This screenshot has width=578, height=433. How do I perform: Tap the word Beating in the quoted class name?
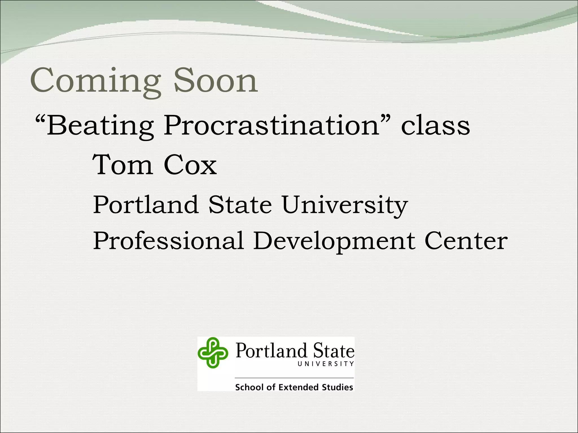(x=100, y=125)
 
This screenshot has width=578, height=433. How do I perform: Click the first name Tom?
(x=123, y=165)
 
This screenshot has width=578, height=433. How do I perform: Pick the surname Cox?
(x=190, y=165)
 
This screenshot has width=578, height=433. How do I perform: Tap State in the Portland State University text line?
(x=240, y=205)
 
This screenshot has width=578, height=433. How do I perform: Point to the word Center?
(x=466, y=241)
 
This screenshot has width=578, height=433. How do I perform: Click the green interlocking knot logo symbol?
(x=213, y=353)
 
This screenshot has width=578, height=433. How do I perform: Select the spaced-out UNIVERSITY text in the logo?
(x=325, y=364)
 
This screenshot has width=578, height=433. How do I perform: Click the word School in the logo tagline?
(x=250, y=387)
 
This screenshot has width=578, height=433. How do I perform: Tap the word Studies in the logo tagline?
(x=337, y=387)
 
